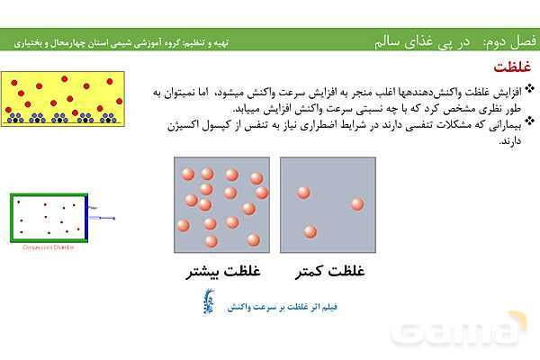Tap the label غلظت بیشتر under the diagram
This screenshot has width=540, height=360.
pos(213,270)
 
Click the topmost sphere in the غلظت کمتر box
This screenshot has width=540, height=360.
pos(304,193)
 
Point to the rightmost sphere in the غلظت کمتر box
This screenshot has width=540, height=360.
pos(357,204)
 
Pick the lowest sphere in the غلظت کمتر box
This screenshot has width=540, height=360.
pos(310,232)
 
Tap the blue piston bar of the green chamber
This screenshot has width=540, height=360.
pos(87,217)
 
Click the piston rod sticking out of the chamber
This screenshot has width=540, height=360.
pos(103,217)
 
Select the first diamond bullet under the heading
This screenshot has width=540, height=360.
pos(528,89)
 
